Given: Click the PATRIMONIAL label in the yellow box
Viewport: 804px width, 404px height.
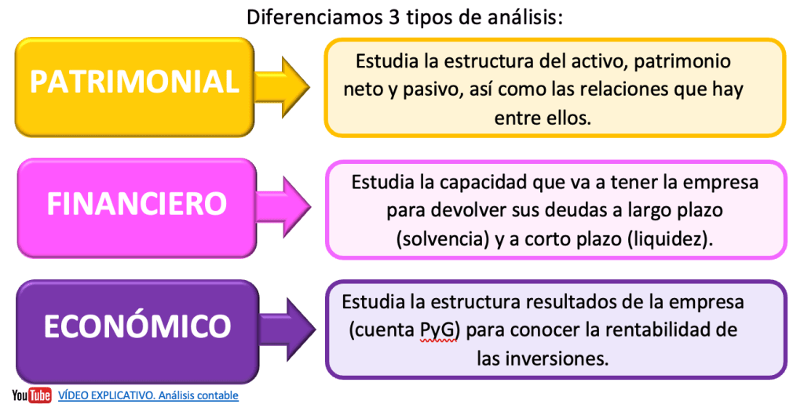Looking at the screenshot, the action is (135, 82).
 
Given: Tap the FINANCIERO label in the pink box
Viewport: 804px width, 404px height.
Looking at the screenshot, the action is (137, 204).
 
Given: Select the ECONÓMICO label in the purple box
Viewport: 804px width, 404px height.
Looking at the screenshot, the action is (137, 326).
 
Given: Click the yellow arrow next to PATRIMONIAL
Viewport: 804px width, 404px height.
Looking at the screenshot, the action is (282, 87).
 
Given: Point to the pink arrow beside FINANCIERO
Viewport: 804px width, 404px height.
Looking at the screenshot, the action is (283, 207).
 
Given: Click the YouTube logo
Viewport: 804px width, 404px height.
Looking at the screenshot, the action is (31, 395).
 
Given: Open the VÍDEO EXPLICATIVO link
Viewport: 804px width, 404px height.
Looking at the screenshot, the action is (148, 395).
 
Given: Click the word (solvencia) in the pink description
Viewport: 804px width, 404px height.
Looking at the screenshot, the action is (443, 239).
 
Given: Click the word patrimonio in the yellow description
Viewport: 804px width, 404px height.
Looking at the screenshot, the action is (682, 61).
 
